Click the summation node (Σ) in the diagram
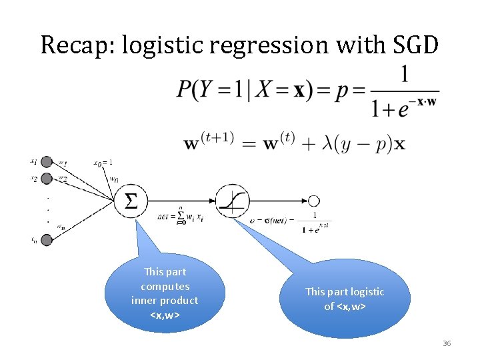(x=132, y=200)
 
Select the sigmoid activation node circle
(x=232, y=201)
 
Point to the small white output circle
(x=313, y=201)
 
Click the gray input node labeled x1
(x=47, y=162)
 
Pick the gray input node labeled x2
(x=47, y=179)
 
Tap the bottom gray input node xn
(x=47, y=240)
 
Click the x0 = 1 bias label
(x=103, y=162)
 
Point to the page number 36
(x=447, y=343)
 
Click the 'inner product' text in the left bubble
(x=165, y=301)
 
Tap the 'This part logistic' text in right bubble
(x=345, y=291)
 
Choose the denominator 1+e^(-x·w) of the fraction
(x=405, y=108)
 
